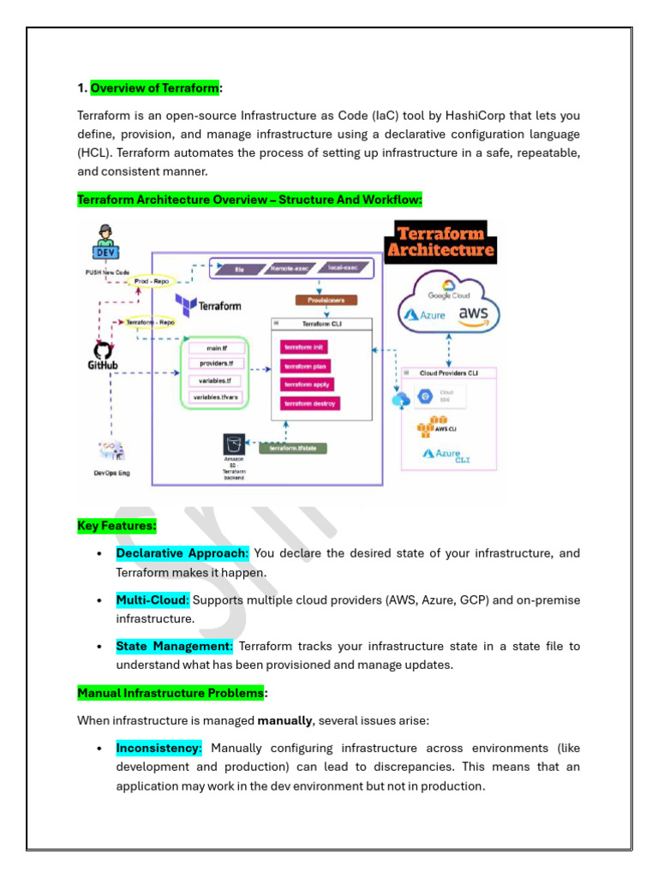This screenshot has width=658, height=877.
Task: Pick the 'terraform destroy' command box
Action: [309, 403]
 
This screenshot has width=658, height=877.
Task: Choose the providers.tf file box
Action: [215, 364]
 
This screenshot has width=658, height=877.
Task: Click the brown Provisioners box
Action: [326, 301]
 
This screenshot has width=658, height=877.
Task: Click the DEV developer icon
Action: [105, 242]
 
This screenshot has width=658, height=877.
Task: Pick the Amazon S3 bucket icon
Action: [234, 444]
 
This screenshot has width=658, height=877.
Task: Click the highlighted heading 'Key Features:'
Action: [117, 526]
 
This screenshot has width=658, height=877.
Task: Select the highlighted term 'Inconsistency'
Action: [159, 748]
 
